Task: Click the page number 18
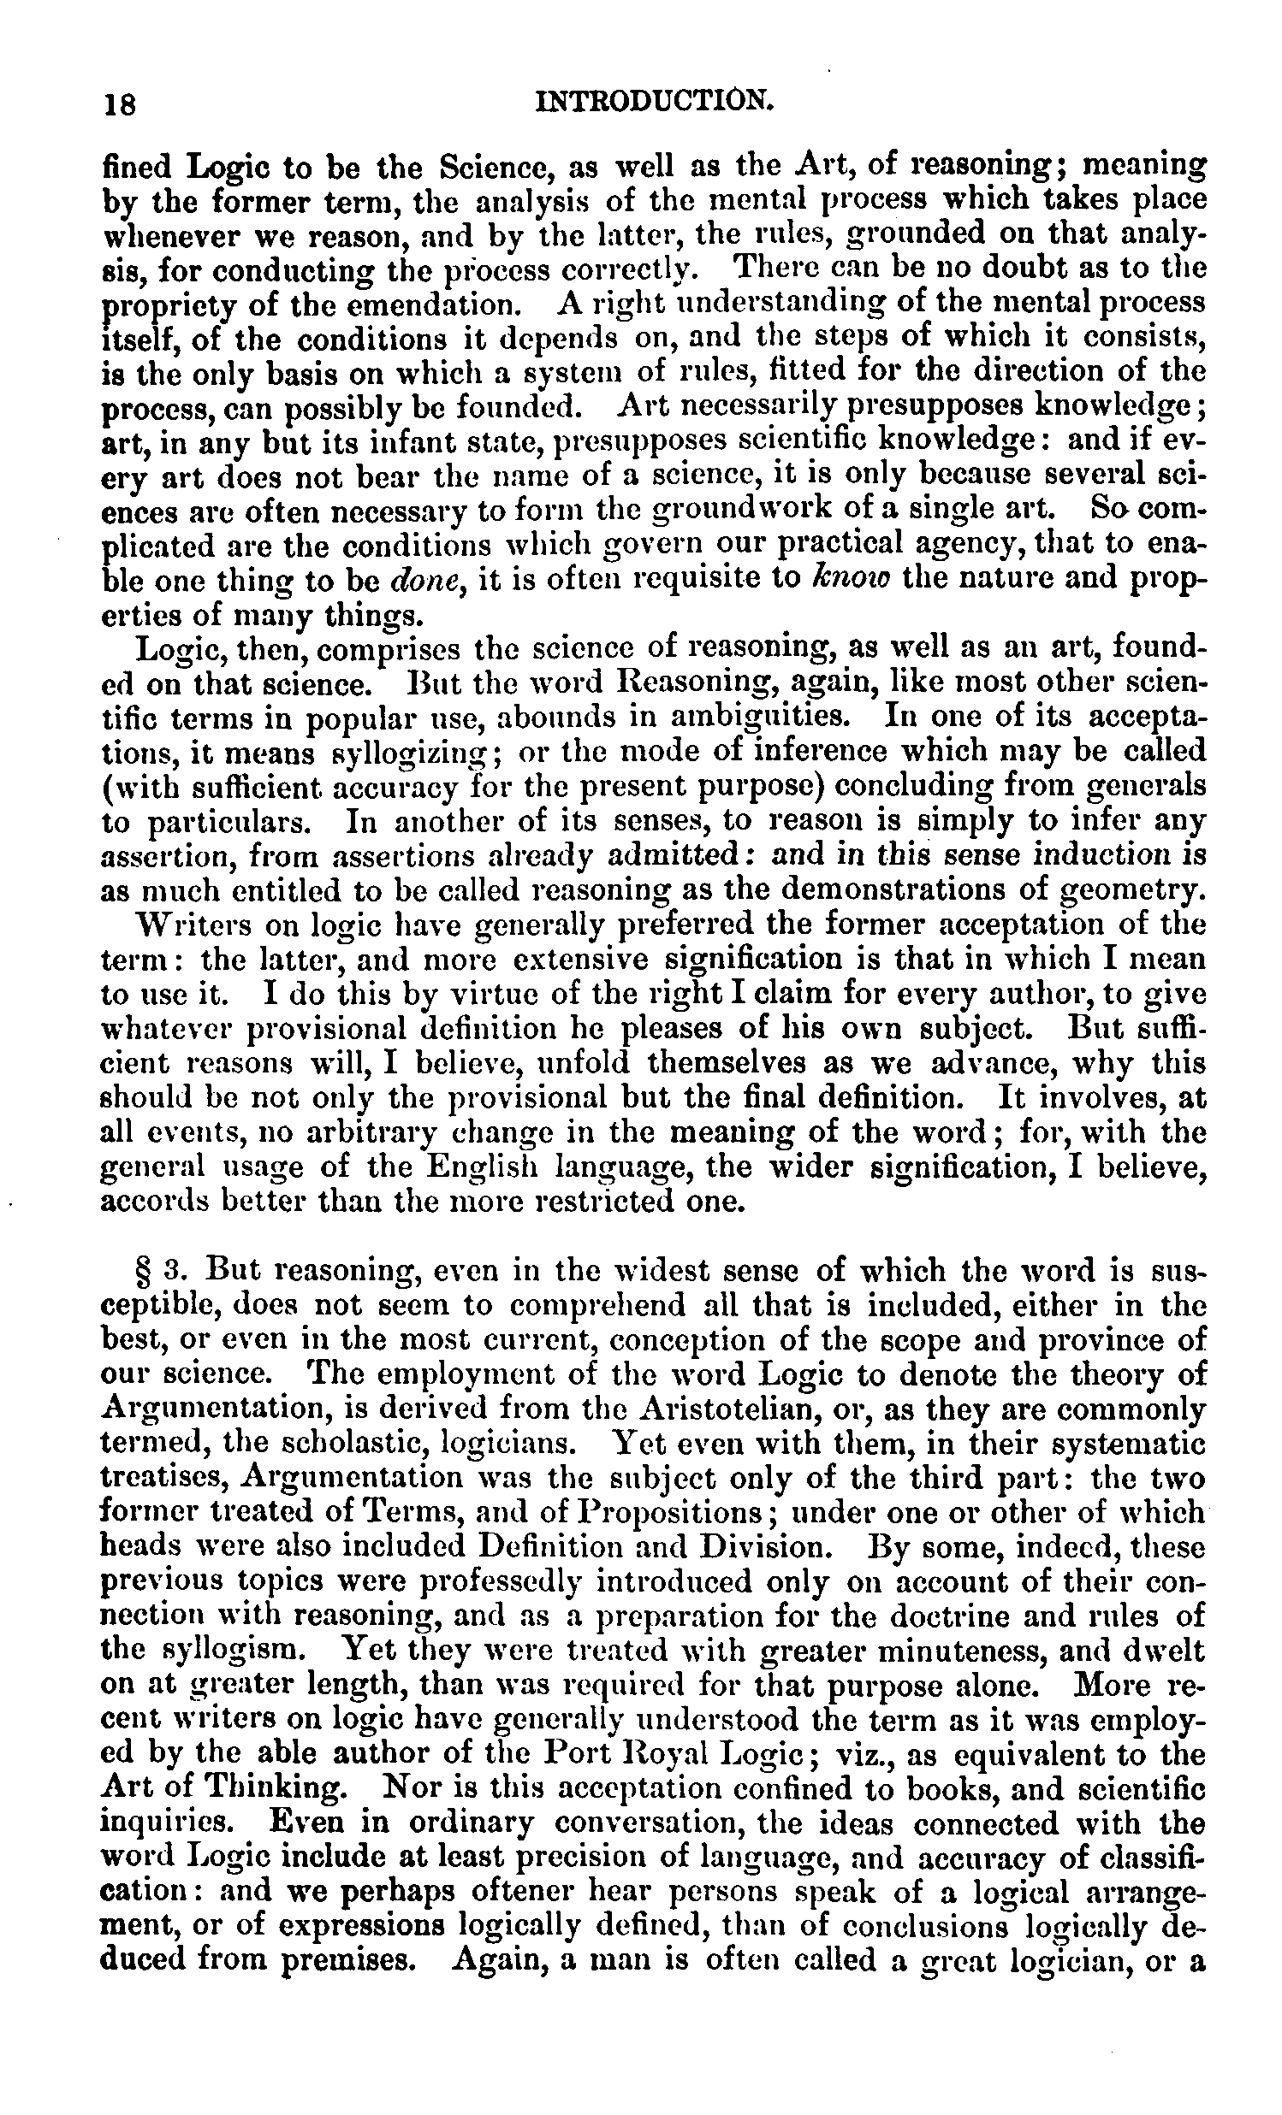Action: pyautogui.click(x=118, y=104)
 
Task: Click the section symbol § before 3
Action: pyautogui.click(x=147, y=1270)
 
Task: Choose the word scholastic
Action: pyautogui.click(x=336, y=1444)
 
